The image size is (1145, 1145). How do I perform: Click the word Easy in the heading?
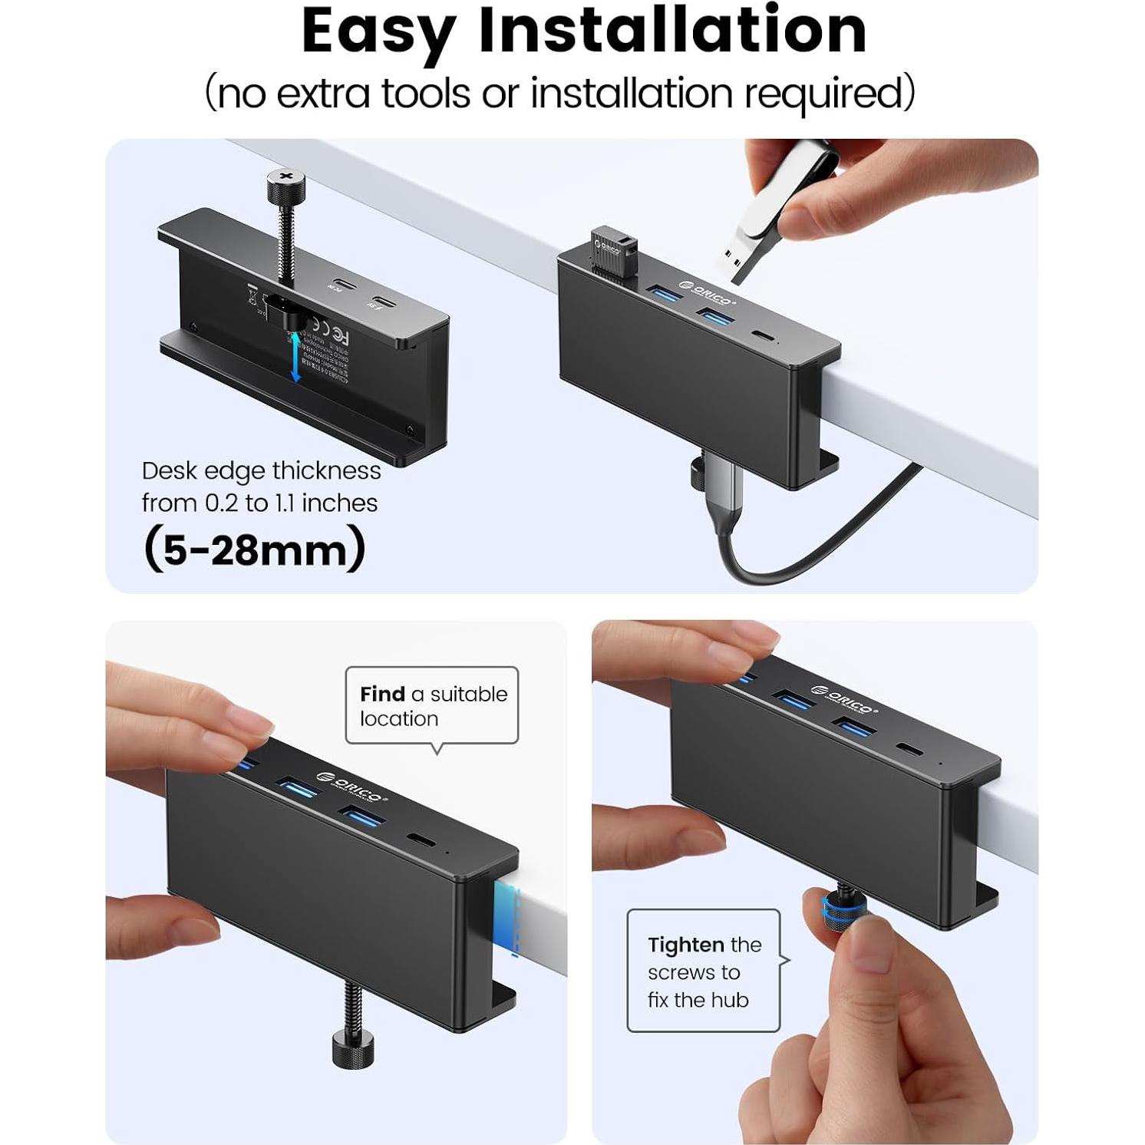pyautogui.click(x=380, y=32)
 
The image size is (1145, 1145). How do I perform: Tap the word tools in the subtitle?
pyautogui.click(x=427, y=94)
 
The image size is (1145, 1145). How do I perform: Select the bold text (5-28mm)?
pyautogui.click(x=254, y=549)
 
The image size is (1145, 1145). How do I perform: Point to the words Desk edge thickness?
pyautogui.click(x=261, y=470)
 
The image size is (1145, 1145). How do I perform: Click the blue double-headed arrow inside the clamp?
pyautogui.click(x=295, y=356)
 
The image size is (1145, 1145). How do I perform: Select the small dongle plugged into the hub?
pyautogui.click(x=614, y=249)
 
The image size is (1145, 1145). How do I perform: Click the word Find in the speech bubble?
pyautogui.click(x=382, y=694)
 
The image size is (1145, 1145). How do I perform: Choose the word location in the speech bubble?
pyautogui.click(x=399, y=719)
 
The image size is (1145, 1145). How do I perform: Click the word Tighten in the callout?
pyautogui.click(x=685, y=945)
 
